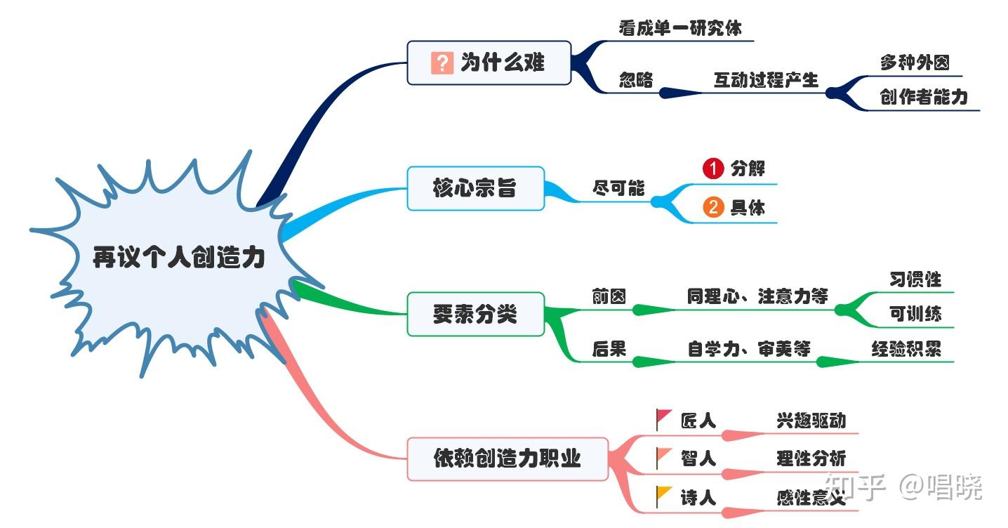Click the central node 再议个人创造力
[x=179, y=258]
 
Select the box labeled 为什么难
[x=489, y=62]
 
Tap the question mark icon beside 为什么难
[x=442, y=62]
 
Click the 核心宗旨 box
[x=475, y=188]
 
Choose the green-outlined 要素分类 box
[x=475, y=314]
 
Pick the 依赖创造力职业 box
[x=507, y=459]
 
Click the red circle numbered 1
[x=712, y=169]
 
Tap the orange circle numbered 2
[x=712, y=208]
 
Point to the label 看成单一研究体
[x=679, y=28]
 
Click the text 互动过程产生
[x=766, y=80]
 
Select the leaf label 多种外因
[x=915, y=62]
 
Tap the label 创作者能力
[x=923, y=98]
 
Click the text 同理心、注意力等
[x=757, y=296]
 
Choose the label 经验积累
[x=906, y=348]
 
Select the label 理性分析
[x=811, y=459]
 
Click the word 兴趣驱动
[x=811, y=421]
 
